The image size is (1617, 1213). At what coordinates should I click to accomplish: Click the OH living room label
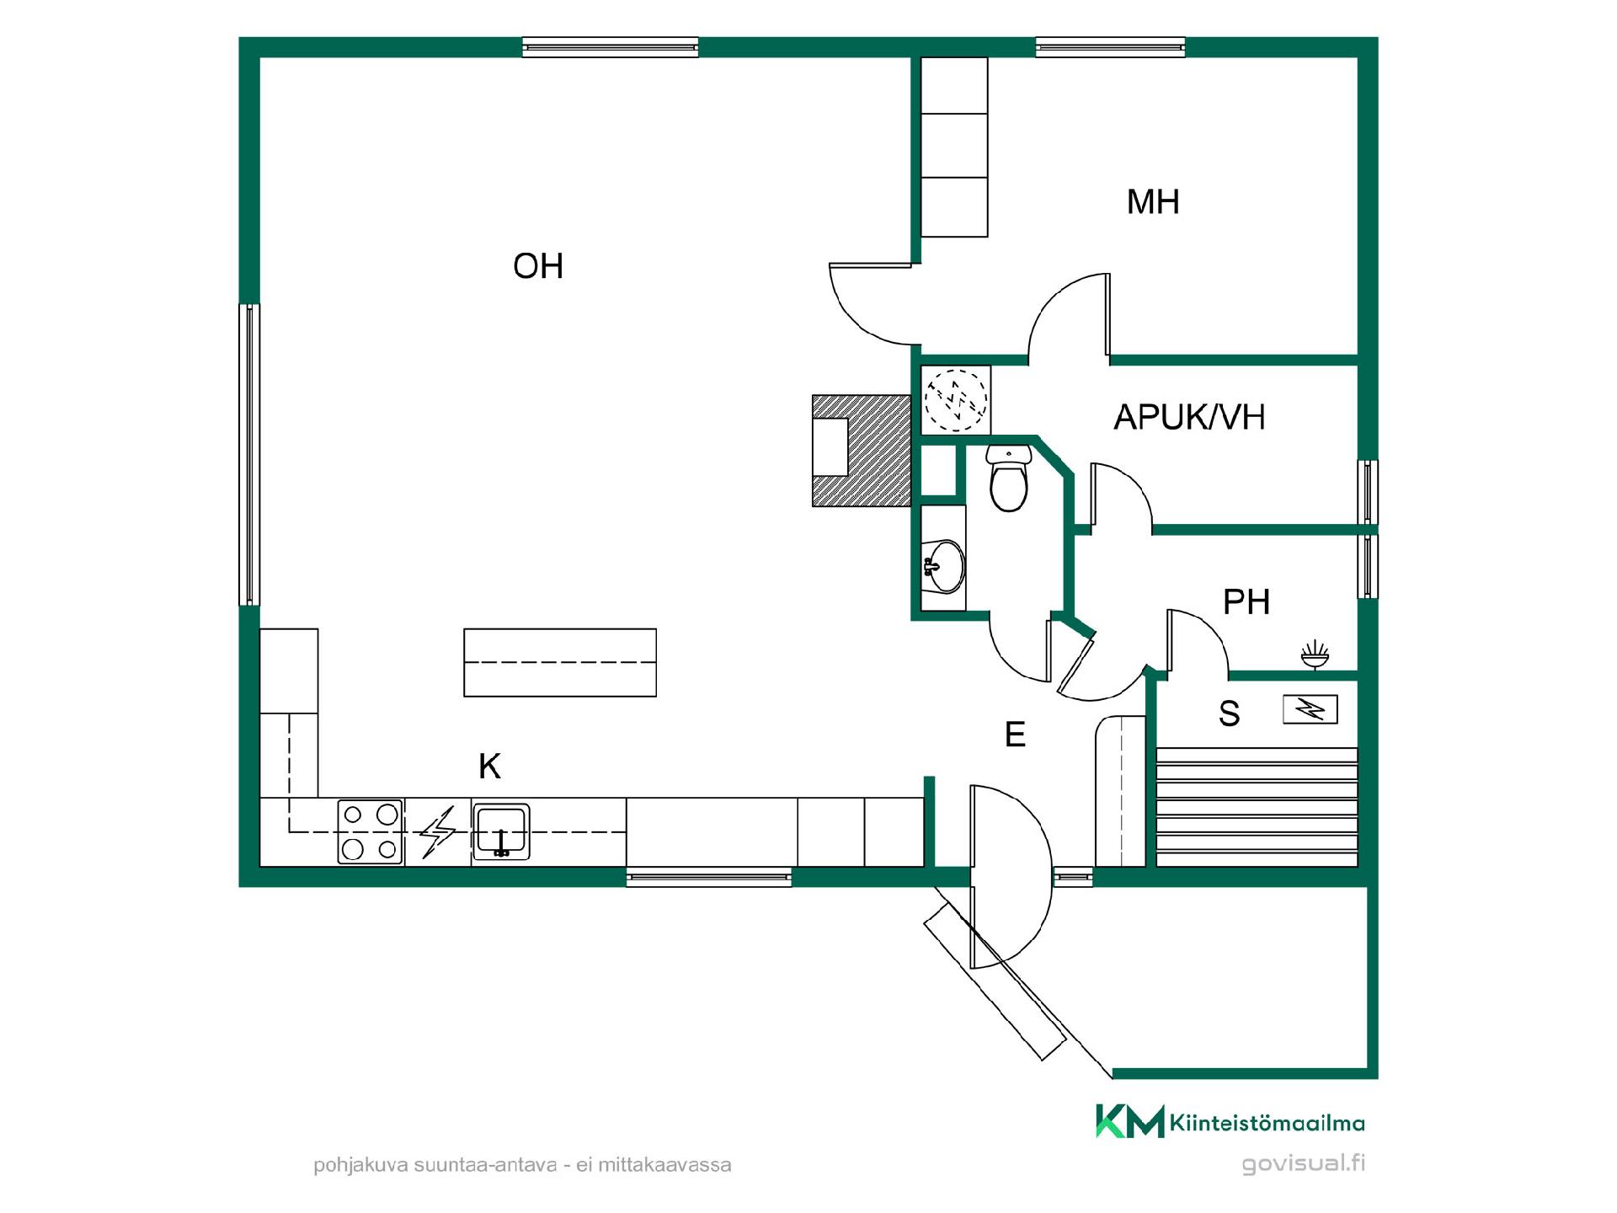tap(538, 266)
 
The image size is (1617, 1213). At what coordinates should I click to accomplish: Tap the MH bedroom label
tap(1153, 202)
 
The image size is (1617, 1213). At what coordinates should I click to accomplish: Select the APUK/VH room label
tap(1189, 417)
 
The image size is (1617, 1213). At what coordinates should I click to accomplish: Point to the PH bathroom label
tap(1246, 602)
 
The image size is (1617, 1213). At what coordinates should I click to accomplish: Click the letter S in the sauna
tap(1230, 713)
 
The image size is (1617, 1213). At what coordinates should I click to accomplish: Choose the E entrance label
tap(1015, 735)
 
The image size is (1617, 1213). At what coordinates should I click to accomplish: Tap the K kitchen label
tap(489, 767)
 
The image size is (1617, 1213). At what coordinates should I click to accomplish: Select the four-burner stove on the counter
tap(371, 831)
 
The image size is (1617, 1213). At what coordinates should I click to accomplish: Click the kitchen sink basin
tap(501, 831)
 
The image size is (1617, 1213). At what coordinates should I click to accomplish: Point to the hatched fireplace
tap(862, 451)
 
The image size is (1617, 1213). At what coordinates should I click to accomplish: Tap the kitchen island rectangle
tap(560, 662)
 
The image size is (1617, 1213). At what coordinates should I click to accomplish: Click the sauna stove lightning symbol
tap(1310, 710)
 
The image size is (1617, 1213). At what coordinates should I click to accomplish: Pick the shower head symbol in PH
tap(1315, 655)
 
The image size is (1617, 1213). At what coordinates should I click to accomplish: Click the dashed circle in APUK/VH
tap(956, 398)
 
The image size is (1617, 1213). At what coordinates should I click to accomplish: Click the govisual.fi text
tap(1304, 1164)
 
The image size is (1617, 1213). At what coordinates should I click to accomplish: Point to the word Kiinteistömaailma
tap(1267, 1123)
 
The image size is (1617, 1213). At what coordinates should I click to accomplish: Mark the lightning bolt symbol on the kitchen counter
tap(438, 832)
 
